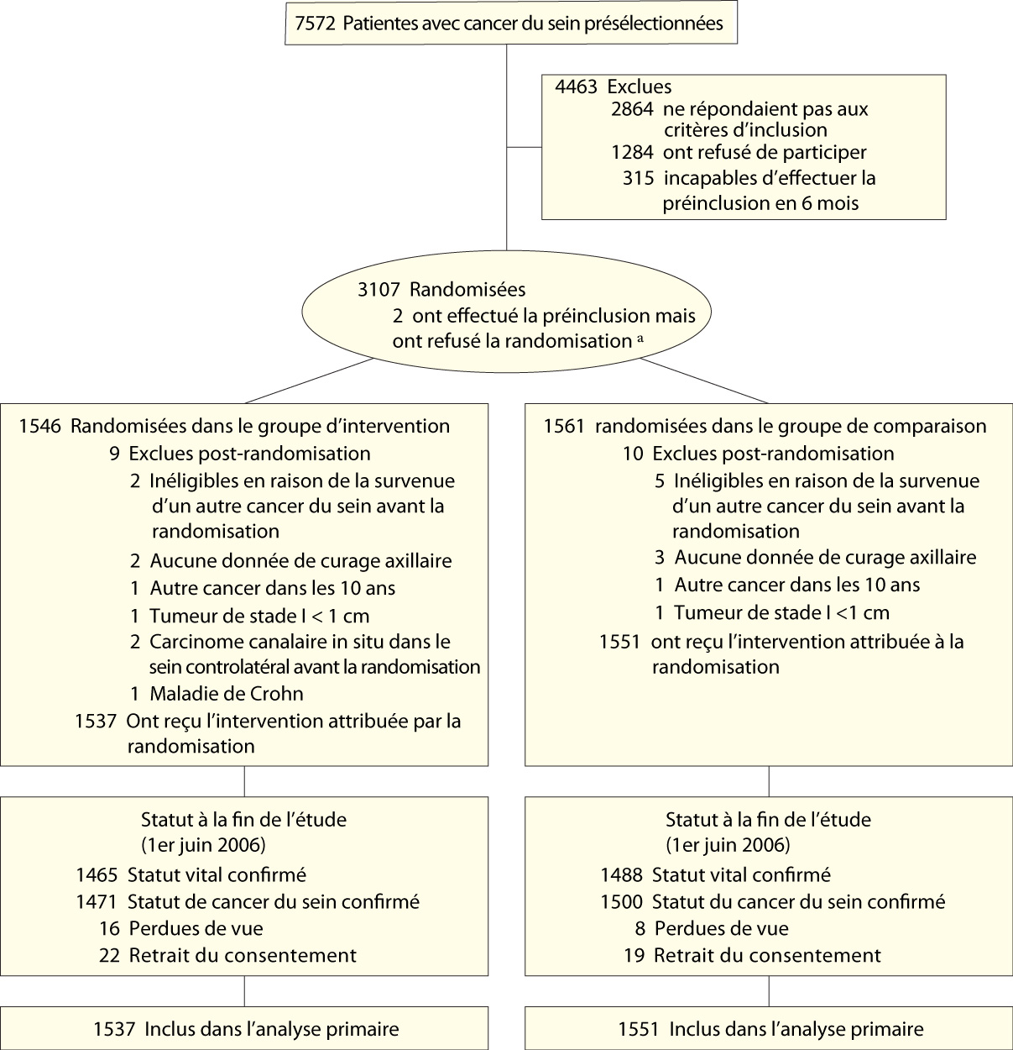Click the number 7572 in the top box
315,24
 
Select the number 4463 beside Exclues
576,87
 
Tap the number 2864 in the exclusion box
632,109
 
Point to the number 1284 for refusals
632,153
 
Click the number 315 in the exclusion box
638,178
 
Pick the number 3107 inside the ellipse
379,290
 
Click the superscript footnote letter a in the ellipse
640,338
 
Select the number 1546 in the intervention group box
39,426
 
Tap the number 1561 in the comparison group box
563,426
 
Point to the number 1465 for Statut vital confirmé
97,874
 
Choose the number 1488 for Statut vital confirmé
621,874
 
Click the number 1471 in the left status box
97,901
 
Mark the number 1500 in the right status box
621,901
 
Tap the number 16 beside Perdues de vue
109,928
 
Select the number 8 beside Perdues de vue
640,928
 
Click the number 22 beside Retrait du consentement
109,955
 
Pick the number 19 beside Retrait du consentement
634,955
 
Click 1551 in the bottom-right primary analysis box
639,1029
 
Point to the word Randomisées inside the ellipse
467,290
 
